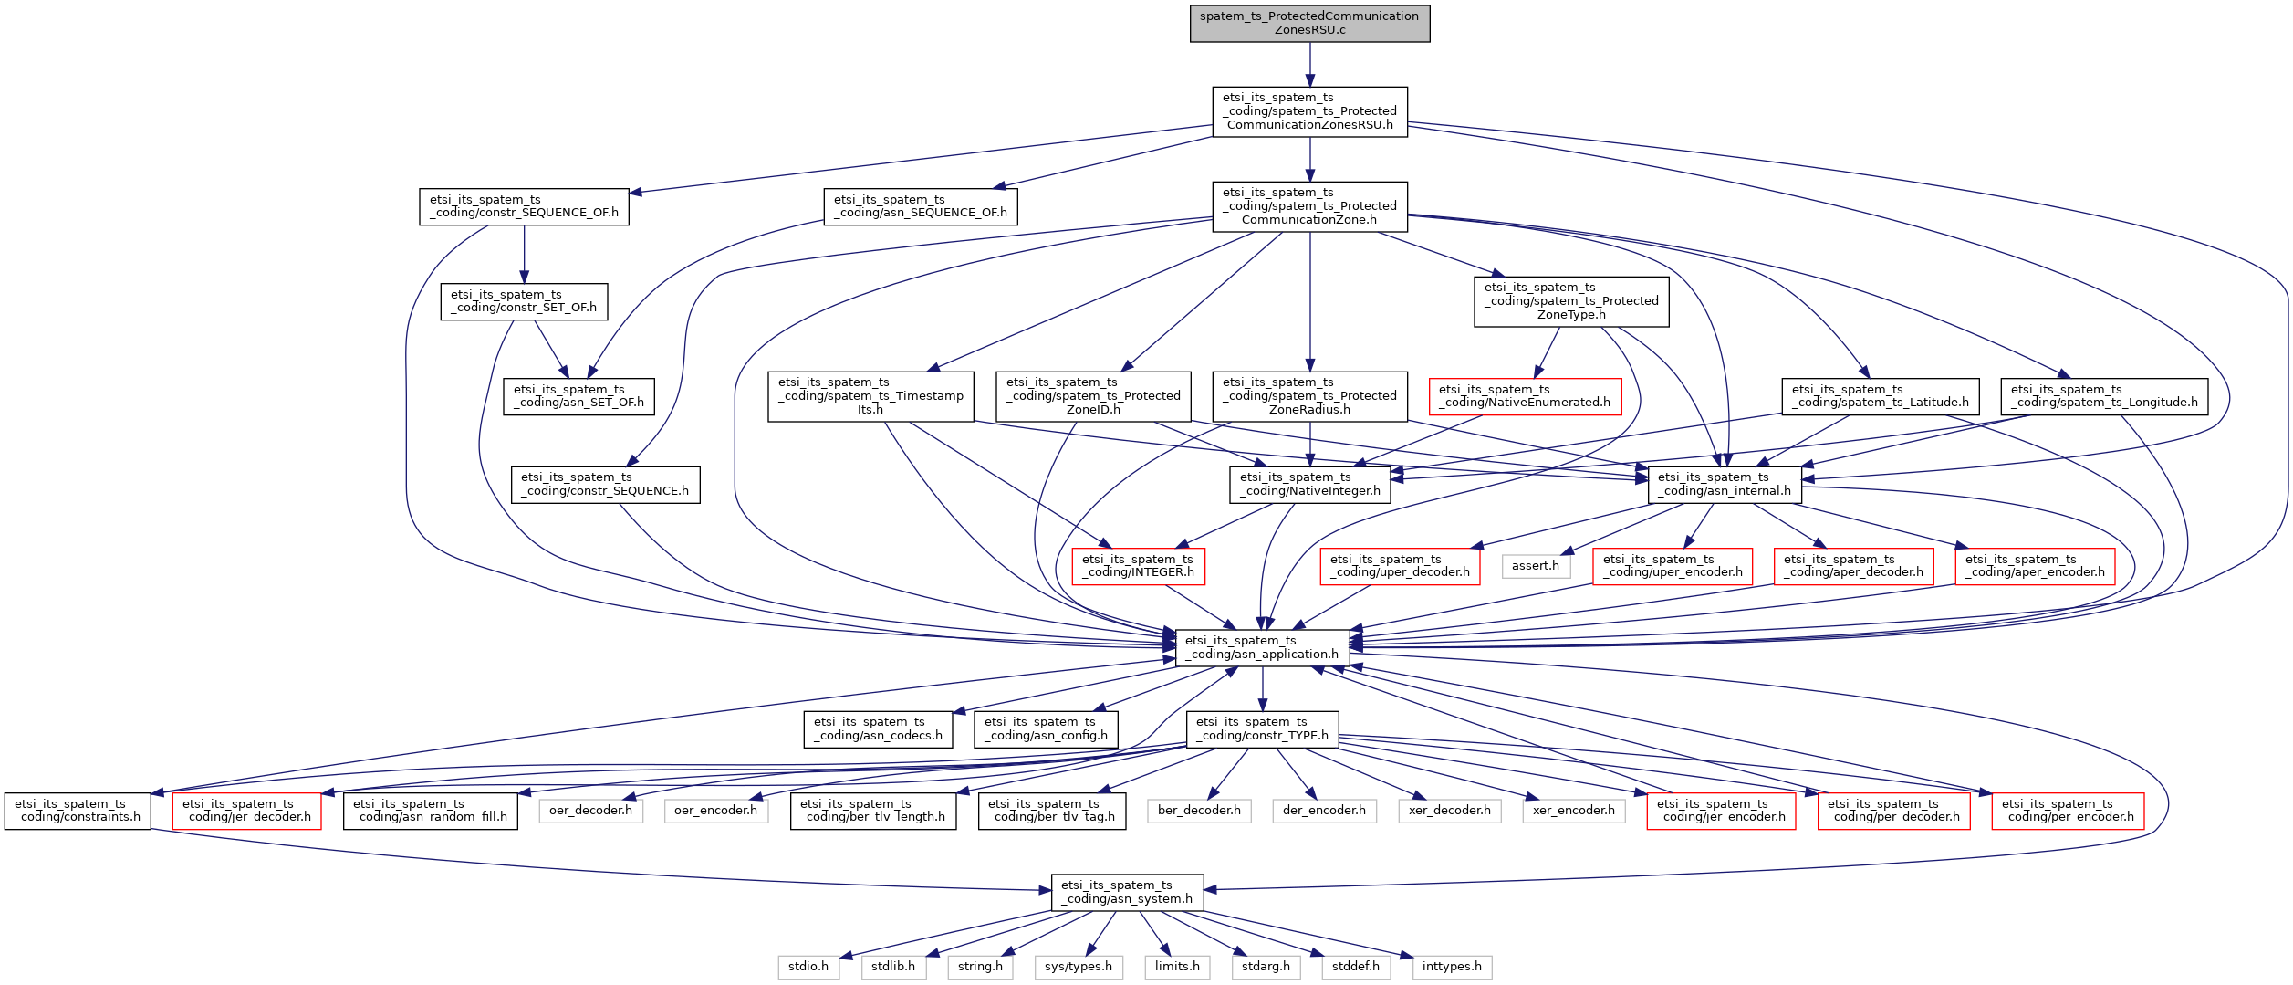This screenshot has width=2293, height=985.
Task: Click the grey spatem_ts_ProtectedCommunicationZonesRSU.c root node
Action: click(x=1308, y=24)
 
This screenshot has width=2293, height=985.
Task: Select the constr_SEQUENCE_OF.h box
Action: click(x=524, y=206)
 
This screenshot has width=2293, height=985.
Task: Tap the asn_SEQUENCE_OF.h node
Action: click(x=920, y=206)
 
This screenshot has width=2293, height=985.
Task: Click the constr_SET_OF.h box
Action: click(x=524, y=301)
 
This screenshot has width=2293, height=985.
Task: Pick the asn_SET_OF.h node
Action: click(x=578, y=396)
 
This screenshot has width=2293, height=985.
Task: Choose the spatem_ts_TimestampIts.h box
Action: click(x=870, y=396)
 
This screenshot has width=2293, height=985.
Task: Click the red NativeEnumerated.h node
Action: click(x=1525, y=396)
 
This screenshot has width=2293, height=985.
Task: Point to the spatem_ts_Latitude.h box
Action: click(x=1880, y=396)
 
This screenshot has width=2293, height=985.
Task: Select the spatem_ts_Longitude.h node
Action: click(x=2104, y=396)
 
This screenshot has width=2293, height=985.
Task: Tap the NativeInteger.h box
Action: click(x=1310, y=484)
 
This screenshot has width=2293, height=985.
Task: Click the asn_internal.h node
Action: click(x=1725, y=484)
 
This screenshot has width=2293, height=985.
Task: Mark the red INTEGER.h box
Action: click(x=1138, y=566)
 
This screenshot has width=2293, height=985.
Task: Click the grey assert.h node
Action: click(x=1535, y=566)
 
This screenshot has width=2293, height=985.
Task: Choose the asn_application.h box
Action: click(x=1262, y=647)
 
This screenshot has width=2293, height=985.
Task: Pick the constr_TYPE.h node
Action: click(x=1262, y=728)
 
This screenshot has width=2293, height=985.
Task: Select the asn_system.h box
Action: click(x=1127, y=892)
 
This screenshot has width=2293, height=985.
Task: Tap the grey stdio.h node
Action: click(x=808, y=967)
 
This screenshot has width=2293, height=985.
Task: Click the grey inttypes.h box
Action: click(x=1452, y=967)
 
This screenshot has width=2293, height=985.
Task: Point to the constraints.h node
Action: click(x=78, y=811)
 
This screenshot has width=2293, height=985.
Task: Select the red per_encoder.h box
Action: click(x=2068, y=811)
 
